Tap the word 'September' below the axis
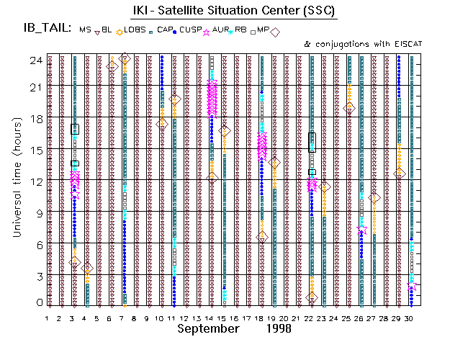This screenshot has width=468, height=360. (208, 328)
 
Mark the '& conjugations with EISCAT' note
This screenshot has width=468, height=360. (363, 45)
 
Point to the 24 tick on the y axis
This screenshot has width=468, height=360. (35, 60)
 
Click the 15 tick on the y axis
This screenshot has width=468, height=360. (35, 150)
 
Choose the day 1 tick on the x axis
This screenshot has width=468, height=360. (48, 318)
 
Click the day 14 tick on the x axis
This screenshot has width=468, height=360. (210, 318)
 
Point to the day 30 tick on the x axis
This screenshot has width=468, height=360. (409, 318)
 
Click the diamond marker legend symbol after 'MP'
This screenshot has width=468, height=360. (274, 30)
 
